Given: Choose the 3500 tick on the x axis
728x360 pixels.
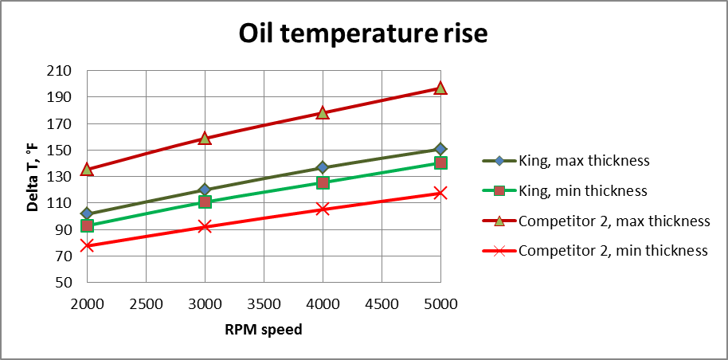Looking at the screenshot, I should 263,303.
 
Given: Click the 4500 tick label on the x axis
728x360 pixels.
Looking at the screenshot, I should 381,303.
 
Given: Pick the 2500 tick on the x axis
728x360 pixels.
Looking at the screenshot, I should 146,303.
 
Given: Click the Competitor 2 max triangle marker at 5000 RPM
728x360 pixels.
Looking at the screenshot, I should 440,88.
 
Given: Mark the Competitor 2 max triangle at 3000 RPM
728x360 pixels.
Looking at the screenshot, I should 205,138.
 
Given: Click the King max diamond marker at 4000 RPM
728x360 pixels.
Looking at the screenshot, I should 323,167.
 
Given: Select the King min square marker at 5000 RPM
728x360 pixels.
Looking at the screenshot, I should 440,162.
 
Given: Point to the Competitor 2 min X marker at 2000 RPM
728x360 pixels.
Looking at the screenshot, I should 87,245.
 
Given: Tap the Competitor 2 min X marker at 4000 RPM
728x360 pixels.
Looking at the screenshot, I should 323,209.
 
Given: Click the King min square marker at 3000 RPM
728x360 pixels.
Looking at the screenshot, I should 205,202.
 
